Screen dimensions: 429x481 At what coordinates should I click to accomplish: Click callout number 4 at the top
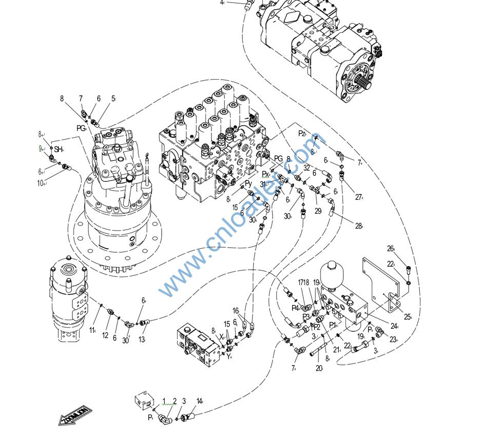point(222,3)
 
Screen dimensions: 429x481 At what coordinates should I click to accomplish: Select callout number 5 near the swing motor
point(113,99)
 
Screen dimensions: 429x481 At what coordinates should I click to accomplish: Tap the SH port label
point(58,150)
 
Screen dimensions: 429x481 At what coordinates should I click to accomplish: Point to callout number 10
point(40,183)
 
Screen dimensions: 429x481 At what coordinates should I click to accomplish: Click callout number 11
point(92,330)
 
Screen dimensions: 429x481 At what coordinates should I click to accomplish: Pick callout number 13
point(142,340)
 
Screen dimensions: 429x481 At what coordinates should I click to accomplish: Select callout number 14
point(199,401)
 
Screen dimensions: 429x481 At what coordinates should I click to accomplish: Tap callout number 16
point(236,311)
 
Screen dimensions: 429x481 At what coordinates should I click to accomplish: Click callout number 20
point(319,368)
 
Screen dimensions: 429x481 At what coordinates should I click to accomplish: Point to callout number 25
point(407,317)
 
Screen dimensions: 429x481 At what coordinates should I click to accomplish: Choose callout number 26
point(390,249)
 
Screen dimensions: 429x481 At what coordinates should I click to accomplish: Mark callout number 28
point(358,226)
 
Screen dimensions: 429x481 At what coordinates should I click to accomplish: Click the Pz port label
point(302,134)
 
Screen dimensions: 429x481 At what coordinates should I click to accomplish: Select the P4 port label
point(295,308)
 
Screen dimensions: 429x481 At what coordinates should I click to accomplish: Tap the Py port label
point(248,183)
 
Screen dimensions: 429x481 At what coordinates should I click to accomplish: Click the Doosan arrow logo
point(75,414)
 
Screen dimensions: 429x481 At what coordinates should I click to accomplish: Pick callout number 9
point(40,149)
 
